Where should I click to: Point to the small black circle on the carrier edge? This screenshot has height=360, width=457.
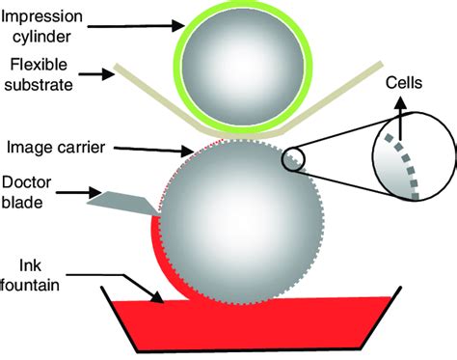click(296, 159)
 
